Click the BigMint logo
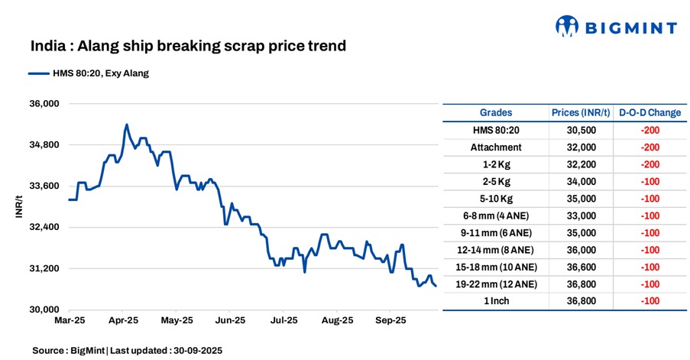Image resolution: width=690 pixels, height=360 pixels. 616,28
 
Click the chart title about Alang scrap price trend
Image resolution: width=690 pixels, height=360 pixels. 188,47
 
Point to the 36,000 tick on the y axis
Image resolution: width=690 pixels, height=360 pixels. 44,104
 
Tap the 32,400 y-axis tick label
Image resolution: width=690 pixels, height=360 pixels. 44,228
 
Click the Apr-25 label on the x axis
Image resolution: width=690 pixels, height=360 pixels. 123,321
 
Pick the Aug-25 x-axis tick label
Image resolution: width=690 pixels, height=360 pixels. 337,321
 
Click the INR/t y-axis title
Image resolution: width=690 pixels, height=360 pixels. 18,206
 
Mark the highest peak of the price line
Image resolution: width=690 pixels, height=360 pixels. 127,125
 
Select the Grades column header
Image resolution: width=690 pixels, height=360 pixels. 496,112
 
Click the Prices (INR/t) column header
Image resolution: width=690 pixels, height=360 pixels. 581,112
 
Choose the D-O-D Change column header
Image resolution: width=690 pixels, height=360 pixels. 650,112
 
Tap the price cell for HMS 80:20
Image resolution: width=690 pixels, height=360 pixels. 581,130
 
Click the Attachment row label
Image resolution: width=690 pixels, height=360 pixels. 496,148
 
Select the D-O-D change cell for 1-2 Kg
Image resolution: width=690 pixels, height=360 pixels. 650,164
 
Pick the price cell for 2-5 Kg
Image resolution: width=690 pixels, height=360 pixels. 581,181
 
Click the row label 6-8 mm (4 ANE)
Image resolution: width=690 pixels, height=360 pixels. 496,216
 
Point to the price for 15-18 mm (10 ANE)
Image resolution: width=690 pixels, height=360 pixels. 581,267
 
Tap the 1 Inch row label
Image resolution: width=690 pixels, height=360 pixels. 496,301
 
